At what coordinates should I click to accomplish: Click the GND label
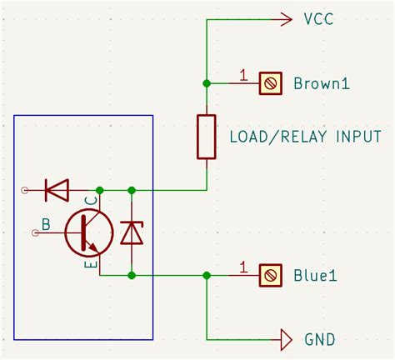pos(320,340)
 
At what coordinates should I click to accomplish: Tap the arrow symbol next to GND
pos(286,340)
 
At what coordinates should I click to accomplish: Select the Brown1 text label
pos(321,83)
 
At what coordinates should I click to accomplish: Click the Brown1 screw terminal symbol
pos(269,83)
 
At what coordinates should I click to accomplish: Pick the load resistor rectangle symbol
pos(207,137)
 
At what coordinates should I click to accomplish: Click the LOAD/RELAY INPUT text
pos(305,137)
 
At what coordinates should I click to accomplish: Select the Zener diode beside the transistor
pos(132,232)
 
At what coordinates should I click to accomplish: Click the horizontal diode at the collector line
pos(57,191)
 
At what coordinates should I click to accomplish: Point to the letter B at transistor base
pos(46,223)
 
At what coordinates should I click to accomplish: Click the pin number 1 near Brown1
pos(243,76)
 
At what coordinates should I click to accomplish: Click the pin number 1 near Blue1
pos(243,267)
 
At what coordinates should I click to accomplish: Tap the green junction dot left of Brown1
pos(207,83)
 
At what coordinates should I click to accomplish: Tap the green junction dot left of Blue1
pos(207,275)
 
